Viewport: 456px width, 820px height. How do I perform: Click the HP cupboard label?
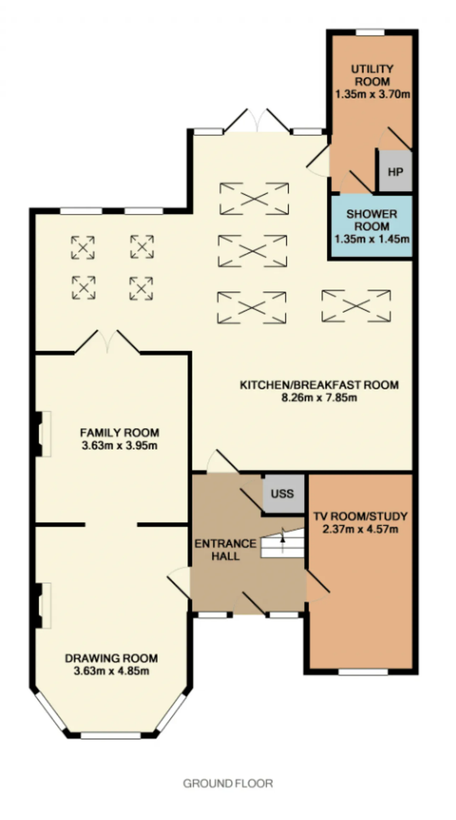[x=395, y=172]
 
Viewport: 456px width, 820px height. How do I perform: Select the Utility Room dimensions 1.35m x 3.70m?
[x=372, y=94]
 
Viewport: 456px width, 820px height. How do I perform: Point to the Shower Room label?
[x=372, y=220]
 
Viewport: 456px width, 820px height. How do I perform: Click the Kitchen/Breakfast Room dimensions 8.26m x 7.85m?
[x=319, y=397]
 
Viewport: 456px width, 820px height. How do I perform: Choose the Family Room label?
[x=119, y=433]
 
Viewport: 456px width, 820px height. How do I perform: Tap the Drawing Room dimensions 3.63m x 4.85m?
[x=111, y=671]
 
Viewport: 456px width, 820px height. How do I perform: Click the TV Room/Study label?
[x=360, y=516]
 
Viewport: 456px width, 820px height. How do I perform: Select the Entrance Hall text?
[x=225, y=550]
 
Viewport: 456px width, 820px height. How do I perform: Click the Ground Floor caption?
[x=228, y=783]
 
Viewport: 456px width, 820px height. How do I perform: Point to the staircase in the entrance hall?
[x=283, y=543]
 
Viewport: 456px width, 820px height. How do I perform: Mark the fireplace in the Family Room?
[x=43, y=434]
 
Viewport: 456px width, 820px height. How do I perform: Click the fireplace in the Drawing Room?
[x=43, y=605]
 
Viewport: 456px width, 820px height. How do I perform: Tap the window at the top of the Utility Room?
[x=370, y=32]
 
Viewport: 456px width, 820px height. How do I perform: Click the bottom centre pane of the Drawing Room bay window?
[x=110, y=736]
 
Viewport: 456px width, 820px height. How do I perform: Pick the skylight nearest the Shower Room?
[x=356, y=306]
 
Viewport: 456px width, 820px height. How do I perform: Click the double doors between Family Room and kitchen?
[x=107, y=342]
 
